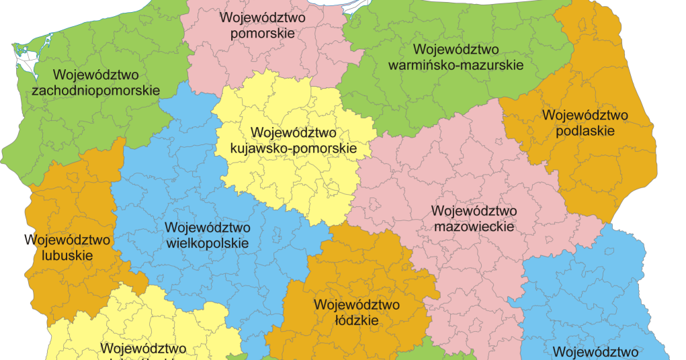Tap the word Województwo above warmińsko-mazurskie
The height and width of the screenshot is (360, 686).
[x=456, y=50]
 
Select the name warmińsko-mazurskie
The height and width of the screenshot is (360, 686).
[x=456, y=66]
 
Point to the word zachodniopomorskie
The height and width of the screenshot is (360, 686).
[x=95, y=90]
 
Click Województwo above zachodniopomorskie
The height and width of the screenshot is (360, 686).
[x=95, y=74]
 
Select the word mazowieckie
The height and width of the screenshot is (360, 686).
[x=474, y=227]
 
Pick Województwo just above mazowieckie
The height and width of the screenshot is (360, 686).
[x=474, y=211]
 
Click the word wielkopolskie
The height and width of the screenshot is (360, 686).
[x=207, y=243]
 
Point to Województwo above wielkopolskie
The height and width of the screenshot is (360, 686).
[x=207, y=227]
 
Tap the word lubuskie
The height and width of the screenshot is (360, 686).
[x=67, y=255]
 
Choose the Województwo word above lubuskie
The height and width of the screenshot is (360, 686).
[x=67, y=239]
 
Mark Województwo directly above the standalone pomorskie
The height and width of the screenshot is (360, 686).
[x=263, y=17]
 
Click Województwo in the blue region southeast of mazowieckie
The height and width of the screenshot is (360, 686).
[x=595, y=351]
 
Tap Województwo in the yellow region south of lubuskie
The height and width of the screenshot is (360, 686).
[x=143, y=349]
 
